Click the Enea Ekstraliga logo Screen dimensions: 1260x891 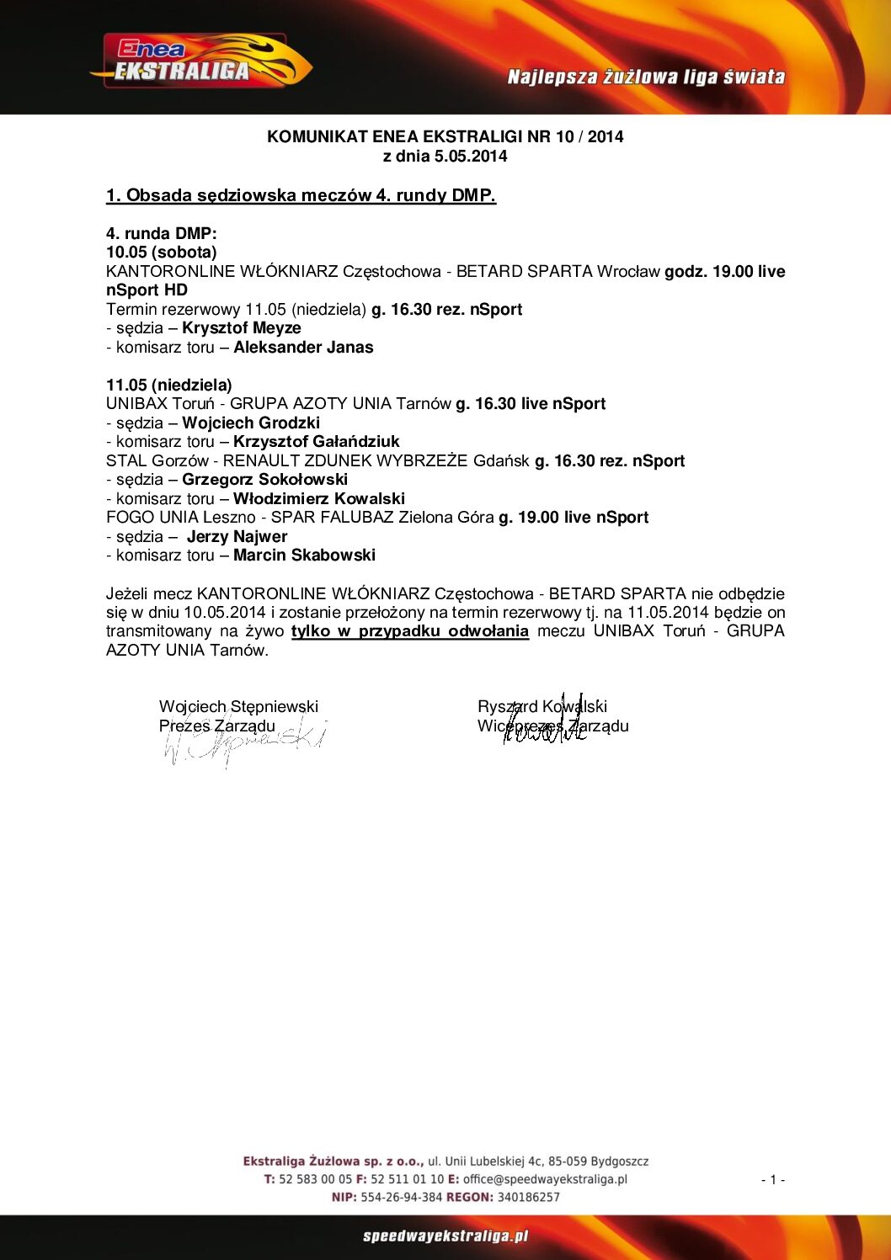[200, 61]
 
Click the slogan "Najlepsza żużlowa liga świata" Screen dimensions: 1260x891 [646, 77]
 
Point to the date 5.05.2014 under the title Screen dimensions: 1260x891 [471, 157]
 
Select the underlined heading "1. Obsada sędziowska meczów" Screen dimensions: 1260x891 [301, 195]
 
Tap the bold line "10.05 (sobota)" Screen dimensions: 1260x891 [162, 253]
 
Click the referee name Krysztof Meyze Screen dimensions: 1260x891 [242, 328]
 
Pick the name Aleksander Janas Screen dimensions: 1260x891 [303, 348]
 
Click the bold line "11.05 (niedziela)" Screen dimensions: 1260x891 [169, 385]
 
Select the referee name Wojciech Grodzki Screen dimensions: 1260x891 [251, 423]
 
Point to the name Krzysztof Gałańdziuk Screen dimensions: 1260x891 [317, 442]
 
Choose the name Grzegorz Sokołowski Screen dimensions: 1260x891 [264, 480]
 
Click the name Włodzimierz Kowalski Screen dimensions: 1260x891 [319, 499]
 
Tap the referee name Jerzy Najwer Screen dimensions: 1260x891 [237, 537]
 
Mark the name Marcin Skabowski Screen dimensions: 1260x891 [304, 556]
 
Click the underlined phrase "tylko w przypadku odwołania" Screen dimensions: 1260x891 [410, 631]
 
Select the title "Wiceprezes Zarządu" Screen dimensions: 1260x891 [553, 726]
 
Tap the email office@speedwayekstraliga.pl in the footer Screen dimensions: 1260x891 [545, 1179]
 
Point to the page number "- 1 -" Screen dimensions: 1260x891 [772, 1180]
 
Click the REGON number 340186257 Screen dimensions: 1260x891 [528, 1197]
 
